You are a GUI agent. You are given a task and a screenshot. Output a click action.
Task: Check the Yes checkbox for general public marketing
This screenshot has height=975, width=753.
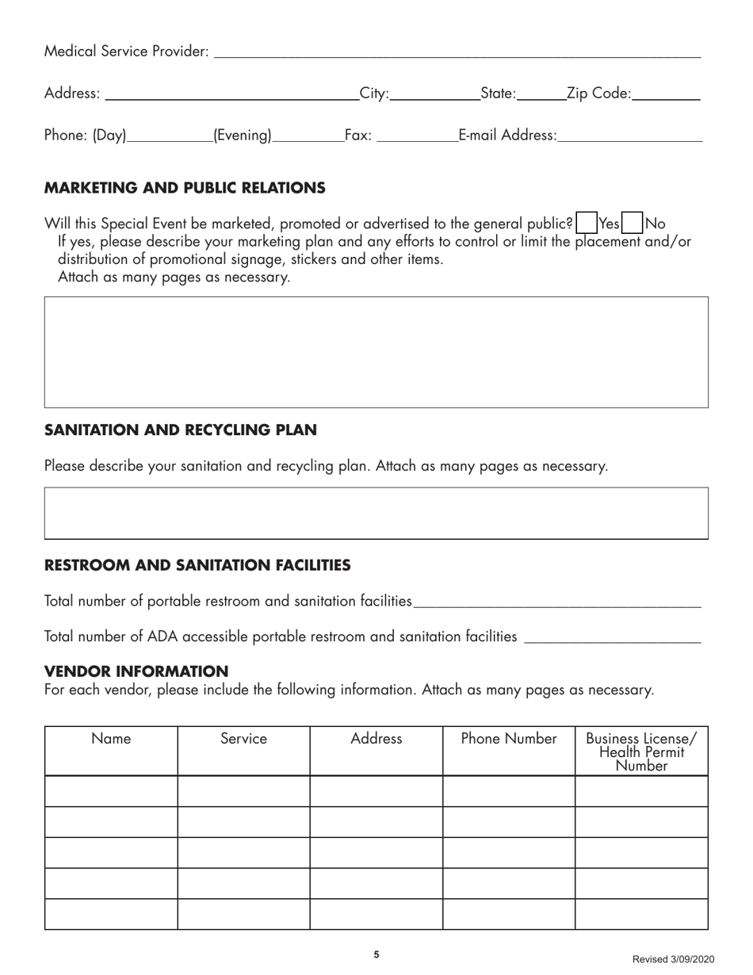click(587, 224)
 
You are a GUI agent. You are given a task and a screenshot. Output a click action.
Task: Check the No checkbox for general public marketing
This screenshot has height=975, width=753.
click(633, 224)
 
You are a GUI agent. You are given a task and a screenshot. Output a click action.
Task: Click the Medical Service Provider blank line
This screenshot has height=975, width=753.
click(457, 52)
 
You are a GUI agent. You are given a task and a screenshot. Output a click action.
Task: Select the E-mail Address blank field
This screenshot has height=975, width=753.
click(629, 136)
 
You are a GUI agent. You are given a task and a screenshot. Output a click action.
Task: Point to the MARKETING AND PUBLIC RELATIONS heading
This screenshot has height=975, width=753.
click(185, 188)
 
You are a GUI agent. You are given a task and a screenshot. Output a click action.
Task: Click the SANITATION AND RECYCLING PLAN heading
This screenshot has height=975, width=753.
click(181, 430)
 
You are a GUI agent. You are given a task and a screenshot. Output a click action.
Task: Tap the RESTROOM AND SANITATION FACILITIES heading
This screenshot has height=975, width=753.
click(197, 565)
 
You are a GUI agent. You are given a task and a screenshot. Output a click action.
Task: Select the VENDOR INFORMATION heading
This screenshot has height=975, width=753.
click(136, 671)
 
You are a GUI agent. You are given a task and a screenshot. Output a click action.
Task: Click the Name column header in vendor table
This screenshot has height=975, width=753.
click(111, 739)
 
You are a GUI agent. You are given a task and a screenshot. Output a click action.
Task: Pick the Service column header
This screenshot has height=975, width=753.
click(243, 739)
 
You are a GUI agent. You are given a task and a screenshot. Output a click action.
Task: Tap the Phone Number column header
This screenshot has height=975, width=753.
click(509, 739)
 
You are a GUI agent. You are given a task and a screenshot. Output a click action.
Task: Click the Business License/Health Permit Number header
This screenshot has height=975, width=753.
click(640, 751)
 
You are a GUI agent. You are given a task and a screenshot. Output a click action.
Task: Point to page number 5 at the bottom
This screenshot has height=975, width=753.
click(376, 954)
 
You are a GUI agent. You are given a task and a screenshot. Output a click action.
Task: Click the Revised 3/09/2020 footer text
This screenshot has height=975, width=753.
click(672, 959)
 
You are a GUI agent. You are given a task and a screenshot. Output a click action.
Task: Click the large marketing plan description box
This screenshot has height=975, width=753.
click(376, 352)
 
